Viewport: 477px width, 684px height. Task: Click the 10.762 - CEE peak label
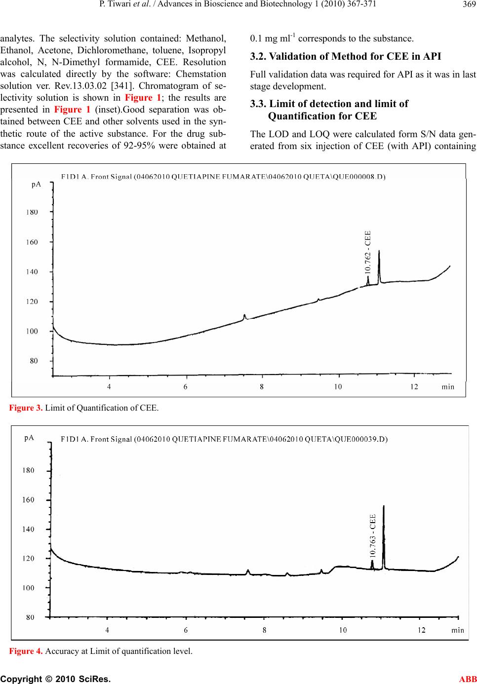(x=367, y=252)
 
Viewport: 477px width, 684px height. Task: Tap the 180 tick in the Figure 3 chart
(x=33, y=212)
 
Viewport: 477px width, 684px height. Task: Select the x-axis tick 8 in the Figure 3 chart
(x=262, y=387)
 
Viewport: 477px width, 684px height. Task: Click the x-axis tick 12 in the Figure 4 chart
(x=422, y=630)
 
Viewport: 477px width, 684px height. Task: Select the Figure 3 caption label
(x=26, y=408)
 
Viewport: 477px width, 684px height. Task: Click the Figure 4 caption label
(x=26, y=651)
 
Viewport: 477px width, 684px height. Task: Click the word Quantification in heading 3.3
(x=308, y=116)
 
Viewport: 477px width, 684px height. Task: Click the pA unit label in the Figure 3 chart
(x=36, y=184)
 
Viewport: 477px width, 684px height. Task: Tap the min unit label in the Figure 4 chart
(x=458, y=630)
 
